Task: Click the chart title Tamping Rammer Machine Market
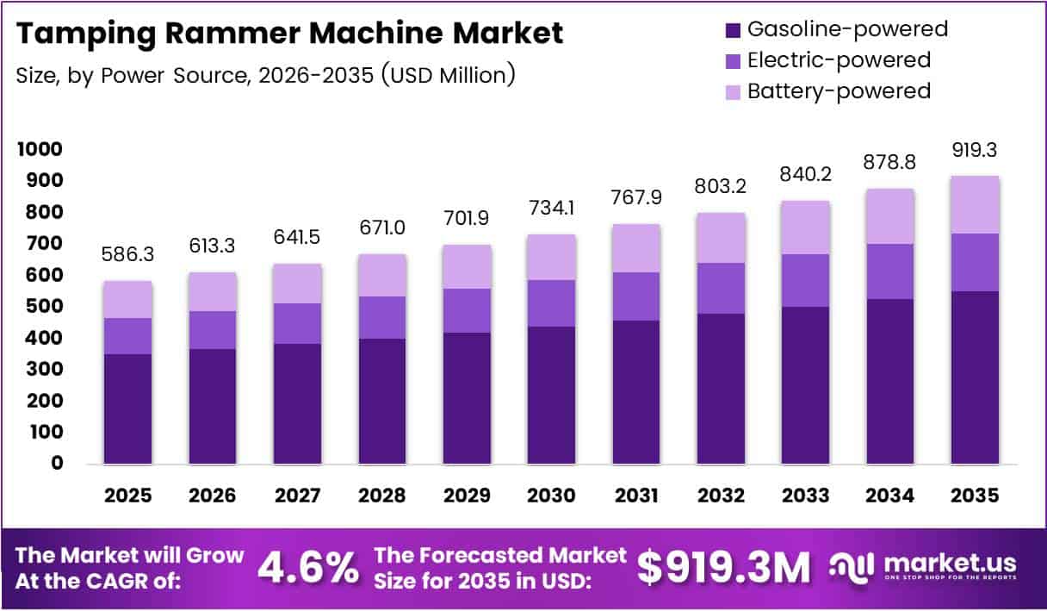click(289, 34)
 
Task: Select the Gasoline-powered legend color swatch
click(732, 29)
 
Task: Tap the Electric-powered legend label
click(839, 59)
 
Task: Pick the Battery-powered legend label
click(839, 90)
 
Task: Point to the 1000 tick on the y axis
click(40, 149)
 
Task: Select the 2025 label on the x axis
click(127, 496)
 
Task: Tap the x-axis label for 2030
click(551, 496)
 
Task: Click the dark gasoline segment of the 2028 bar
click(381, 401)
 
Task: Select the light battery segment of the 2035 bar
click(976, 204)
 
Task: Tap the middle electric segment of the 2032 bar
click(721, 288)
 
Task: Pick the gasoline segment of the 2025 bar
click(127, 408)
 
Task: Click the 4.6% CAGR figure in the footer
click(308, 567)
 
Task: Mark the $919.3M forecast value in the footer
click(723, 567)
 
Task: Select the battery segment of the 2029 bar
click(467, 266)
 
